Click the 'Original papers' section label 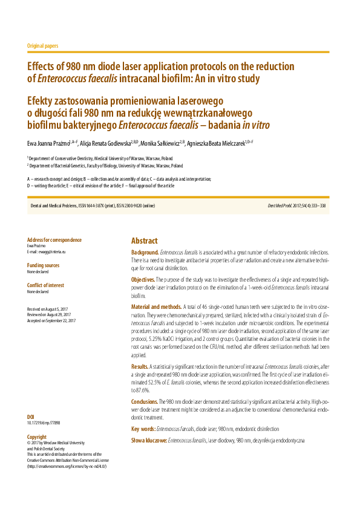(x=43, y=46)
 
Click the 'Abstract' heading (x=145, y=240)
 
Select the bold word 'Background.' (x=145, y=251)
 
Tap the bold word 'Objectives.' (x=143, y=279)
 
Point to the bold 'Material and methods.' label (x=157, y=307)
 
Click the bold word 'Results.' (x=140, y=366)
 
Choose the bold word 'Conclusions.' (x=145, y=401)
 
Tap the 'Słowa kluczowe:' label (x=149, y=441)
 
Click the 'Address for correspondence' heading (x=54, y=240)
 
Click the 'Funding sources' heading (x=44, y=265)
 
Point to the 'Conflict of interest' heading (x=46, y=286)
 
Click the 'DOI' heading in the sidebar (x=31, y=417)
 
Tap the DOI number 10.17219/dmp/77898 (x=44, y=423)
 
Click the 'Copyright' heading (x=37, y=436)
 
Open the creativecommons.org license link (x=67, y=467)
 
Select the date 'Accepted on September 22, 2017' (x=51, y=320)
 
